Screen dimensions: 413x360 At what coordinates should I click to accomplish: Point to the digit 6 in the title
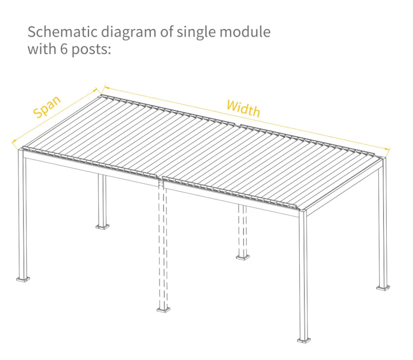(x=64, y=49)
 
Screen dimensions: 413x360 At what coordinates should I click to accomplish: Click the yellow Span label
(x=47, y=106)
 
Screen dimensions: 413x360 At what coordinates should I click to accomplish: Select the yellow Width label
(x=243, y=108)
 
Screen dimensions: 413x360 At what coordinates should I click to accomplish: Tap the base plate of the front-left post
(x=23, y=279)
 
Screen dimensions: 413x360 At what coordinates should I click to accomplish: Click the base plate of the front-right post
(x=304, y=340)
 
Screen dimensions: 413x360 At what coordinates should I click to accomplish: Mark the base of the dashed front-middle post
(x=163, y=310)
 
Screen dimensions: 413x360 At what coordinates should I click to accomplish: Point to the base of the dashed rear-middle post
(x=242, y=257)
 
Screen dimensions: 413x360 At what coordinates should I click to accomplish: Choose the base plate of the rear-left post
(x=102, y=227)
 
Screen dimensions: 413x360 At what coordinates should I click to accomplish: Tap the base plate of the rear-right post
(x=383, y=288)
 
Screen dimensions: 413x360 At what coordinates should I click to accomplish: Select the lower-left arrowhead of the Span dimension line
(x=14, y=142)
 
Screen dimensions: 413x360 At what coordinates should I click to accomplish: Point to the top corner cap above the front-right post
(x=303, y=211)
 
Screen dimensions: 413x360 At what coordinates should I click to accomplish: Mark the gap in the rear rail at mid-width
(x=238, y=124)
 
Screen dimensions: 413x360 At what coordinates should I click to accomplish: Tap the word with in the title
(x=42, y=49)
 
